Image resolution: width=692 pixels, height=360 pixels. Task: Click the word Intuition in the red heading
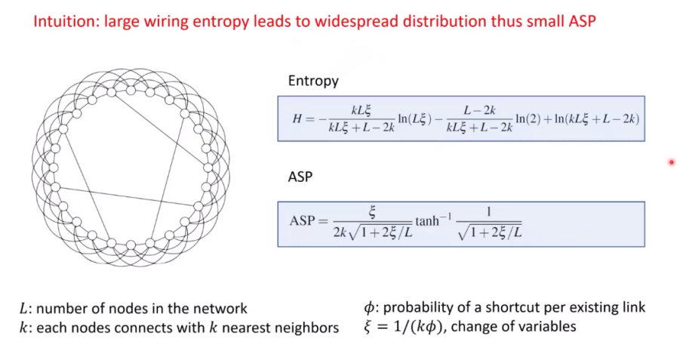[x=61, y=21]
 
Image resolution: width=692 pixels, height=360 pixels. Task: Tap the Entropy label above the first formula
[x=313, y=81]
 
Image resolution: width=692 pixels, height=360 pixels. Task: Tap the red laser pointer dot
[x=671, y=162]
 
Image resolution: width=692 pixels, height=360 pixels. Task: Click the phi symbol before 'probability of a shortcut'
[x=368, y=308]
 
